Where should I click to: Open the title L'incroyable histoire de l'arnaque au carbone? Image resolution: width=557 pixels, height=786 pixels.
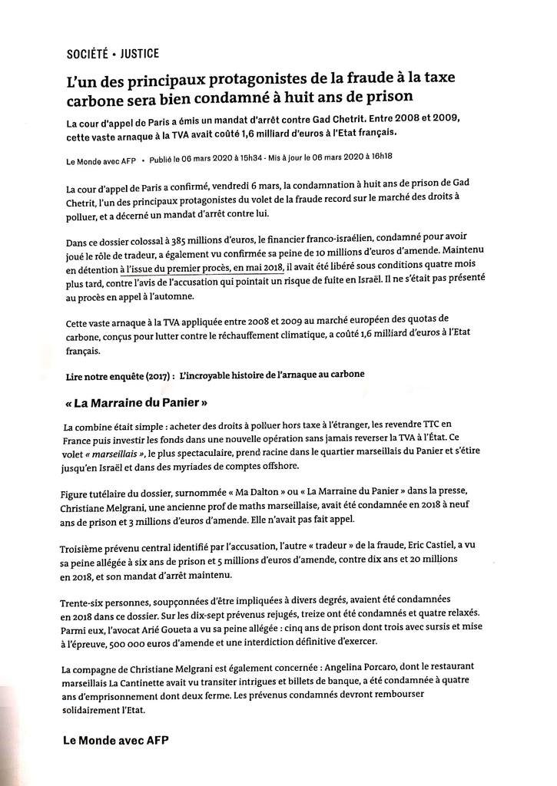click(271, 374)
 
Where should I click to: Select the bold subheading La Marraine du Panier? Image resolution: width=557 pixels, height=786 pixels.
click(134, 402)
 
